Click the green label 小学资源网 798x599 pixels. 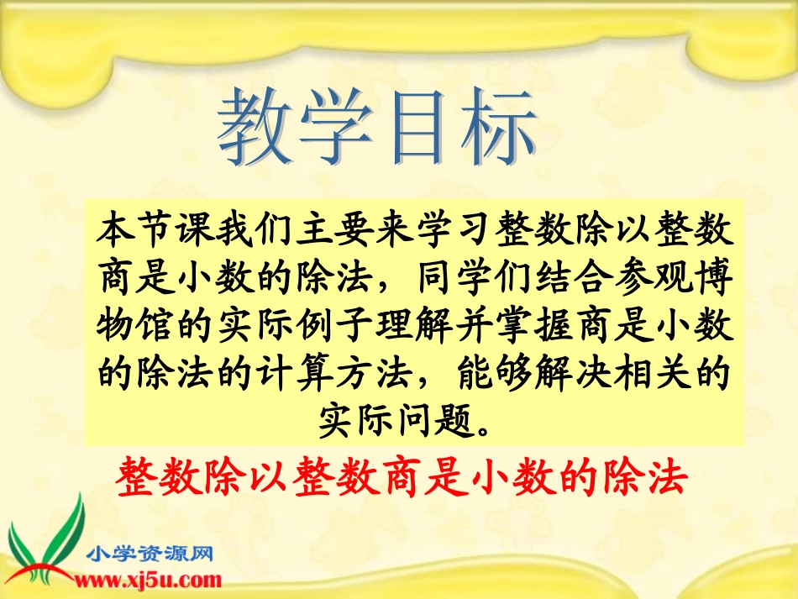click(151, 553)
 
